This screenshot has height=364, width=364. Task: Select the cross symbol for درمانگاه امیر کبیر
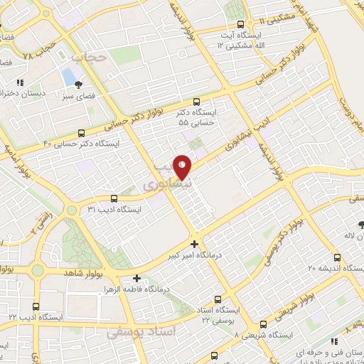pyautogui.click(x=194, y=243)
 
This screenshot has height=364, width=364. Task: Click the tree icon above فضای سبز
pyautogui.click(x=87, y=84)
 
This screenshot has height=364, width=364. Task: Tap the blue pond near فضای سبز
pyautogui.click(x=68, y=76)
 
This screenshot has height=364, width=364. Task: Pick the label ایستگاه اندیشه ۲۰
pyautogui.click(x=331, y=268)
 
